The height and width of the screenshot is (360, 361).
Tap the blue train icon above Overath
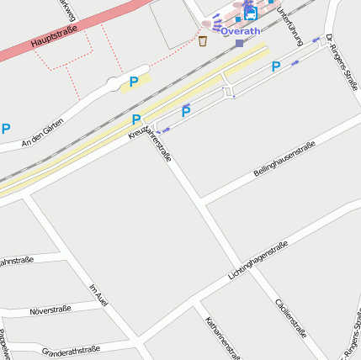tap(249, 13)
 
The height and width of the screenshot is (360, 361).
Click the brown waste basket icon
tap(203, 40)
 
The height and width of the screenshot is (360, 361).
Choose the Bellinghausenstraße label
tap(284, 159)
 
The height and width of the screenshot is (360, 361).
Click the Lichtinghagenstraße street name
tap(258, 260)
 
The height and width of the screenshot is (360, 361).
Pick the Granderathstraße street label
tap(71, 349)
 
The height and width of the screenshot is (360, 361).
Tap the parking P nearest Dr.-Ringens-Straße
tap(275, 66)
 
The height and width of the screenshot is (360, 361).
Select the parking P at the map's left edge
tap(6, 129)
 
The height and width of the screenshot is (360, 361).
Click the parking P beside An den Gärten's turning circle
tap(133, 82)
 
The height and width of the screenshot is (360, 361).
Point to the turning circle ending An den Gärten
tap(114, 83)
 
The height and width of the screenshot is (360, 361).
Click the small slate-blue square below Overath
tap(240, 43)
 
